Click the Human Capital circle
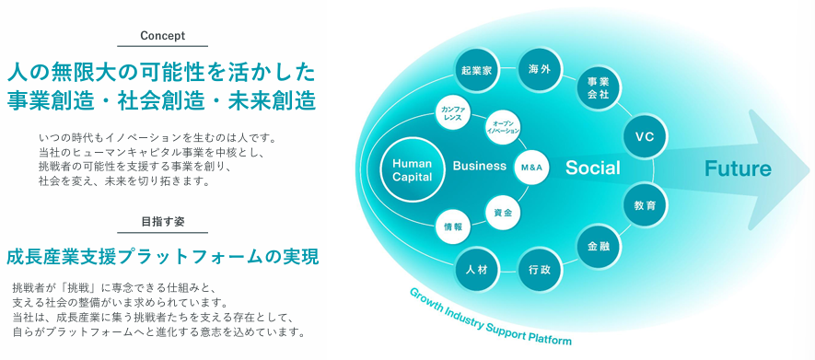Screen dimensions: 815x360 click(413, 169)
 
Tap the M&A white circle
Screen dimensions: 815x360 click(531, 167)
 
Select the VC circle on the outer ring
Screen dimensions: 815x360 click(645, 136)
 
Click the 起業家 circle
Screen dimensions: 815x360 click(477, 70)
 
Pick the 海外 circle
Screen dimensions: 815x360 click(541, 70)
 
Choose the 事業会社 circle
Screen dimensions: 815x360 click(600, 88)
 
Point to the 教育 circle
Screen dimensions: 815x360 click(645, 205)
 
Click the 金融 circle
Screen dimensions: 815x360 click(600, 247)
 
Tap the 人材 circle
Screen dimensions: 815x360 click(477, 270)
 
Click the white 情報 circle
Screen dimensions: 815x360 click(453, 227)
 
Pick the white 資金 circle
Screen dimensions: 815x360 click(503, 212)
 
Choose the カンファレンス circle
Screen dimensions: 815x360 click(453, 114)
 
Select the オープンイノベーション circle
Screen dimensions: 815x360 click(503, 128)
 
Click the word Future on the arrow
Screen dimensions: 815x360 click(738, 168)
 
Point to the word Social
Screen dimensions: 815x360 click(592, 168)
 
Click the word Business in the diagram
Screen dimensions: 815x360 click(479, 167)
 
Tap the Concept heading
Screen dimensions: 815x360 click(163, 36)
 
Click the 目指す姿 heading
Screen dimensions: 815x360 click(163, 221)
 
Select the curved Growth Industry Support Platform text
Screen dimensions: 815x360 click(490, 319)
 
